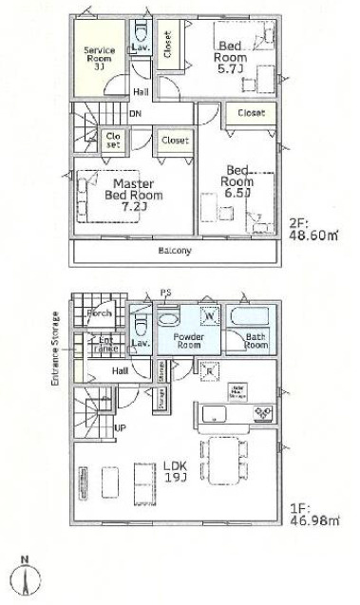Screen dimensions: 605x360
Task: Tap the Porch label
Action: [x=101, y=313]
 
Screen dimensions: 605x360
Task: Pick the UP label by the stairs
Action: [x=120, y=427]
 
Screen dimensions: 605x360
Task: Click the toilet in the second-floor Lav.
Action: [x=140, y=29]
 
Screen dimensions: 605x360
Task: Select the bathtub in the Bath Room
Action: [x=254, y=316]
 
